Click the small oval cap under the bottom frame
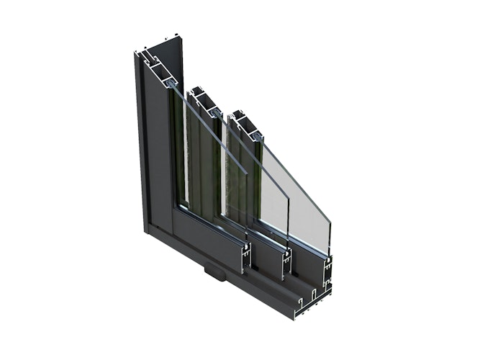point(212,272)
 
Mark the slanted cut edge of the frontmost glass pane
point(295,180)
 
